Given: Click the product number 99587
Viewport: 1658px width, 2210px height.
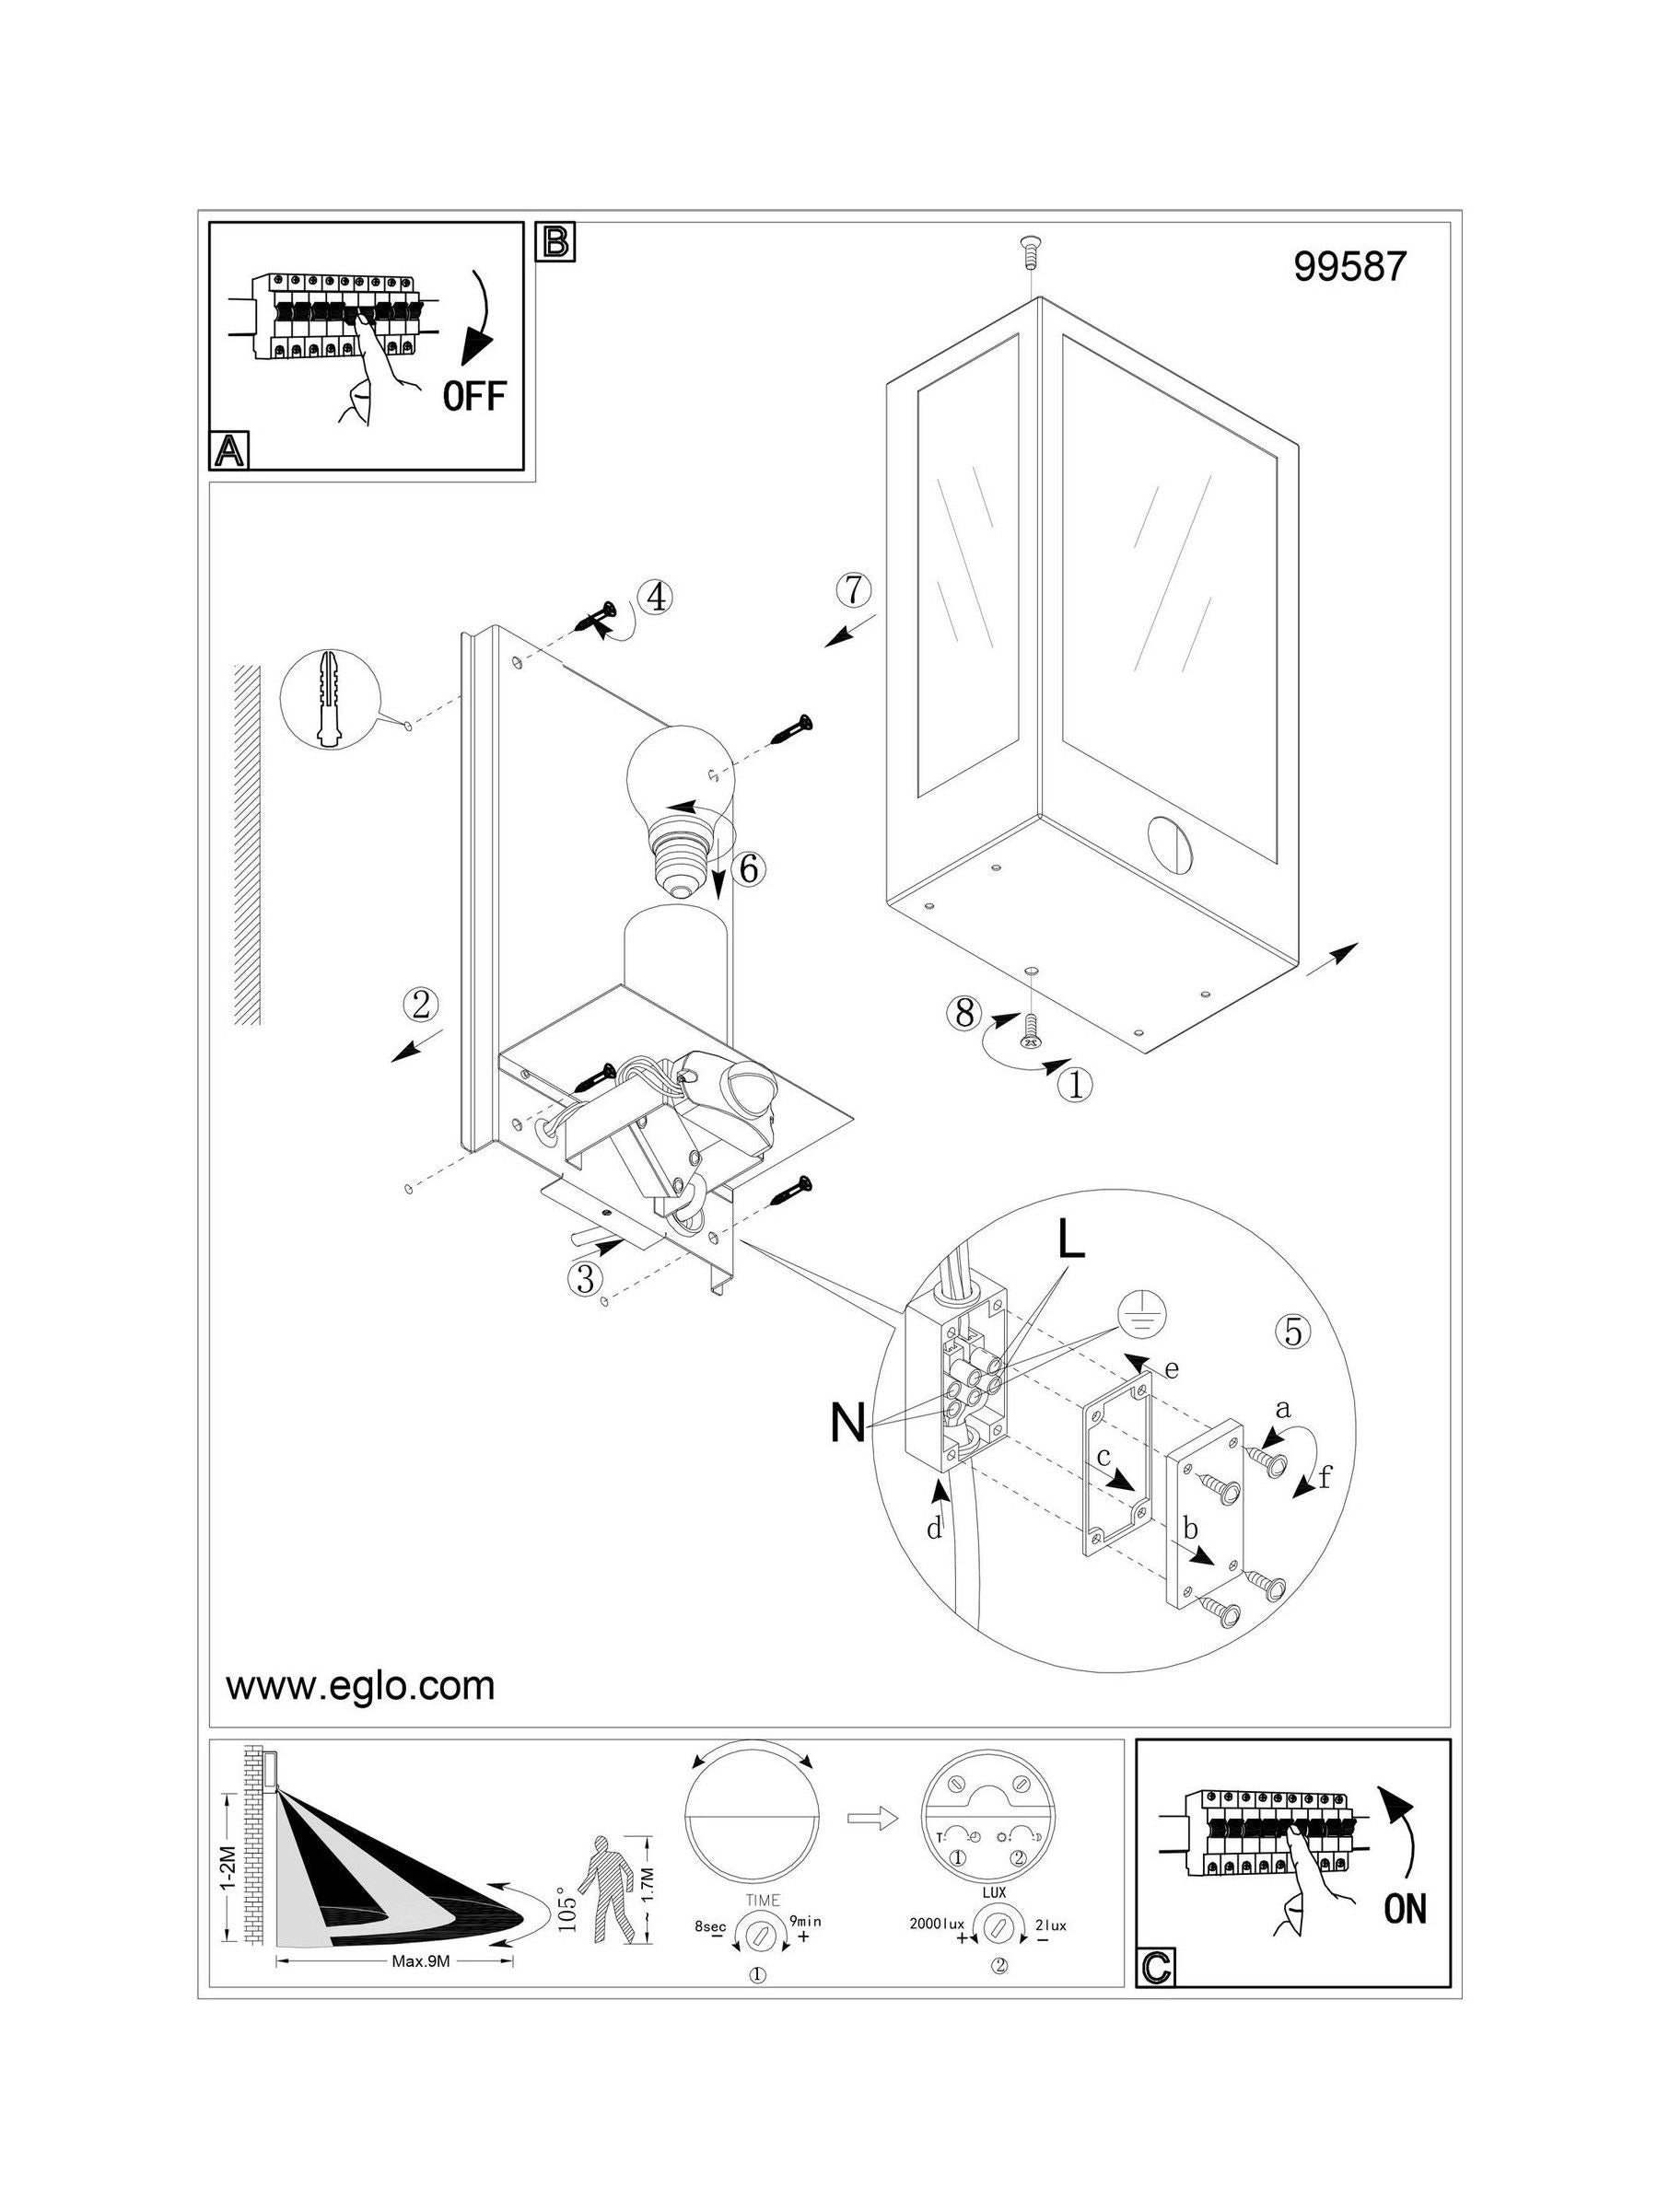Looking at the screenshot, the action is [x=1349, y=265].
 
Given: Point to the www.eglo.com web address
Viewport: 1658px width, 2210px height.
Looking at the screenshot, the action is [x=361, y=1685].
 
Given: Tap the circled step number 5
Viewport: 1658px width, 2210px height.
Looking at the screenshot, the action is [x=1294, y=1332].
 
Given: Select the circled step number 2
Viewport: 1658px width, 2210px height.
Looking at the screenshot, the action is [x=421, y=1004].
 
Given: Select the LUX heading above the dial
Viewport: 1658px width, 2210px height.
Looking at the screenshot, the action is [x=996, y=1892].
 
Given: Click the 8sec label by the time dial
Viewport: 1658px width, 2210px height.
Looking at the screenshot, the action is [x=710, y=1924].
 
